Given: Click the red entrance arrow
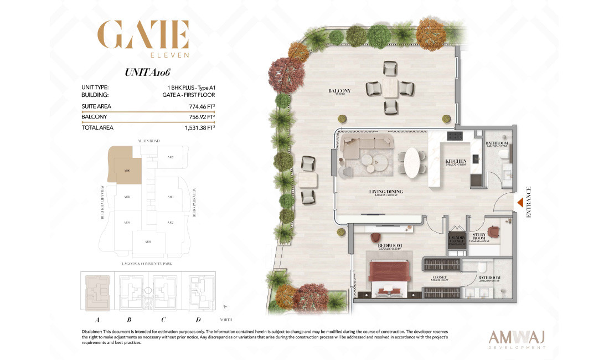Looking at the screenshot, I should [x=520, y=203].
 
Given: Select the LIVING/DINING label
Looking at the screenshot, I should [x=386, y=192].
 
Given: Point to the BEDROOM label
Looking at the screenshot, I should [x=390, y=245].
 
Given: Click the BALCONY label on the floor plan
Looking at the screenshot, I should [x=339, y=91].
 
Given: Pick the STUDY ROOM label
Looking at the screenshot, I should [x=479, y=235].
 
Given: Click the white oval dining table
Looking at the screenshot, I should [x=412, y=162].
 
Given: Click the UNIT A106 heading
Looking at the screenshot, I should [x=148, y=73].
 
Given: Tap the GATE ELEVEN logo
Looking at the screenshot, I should [x=143, y=39].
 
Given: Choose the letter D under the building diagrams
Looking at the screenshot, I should [x=198, y=319].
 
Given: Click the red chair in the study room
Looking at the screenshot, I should [x=494, y=231].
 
